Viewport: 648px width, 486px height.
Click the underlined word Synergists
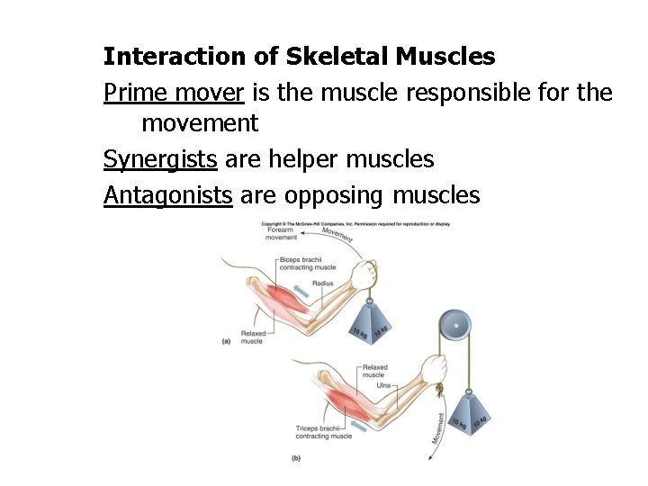tap(160, 160)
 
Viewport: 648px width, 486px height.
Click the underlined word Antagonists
tap(168, 195)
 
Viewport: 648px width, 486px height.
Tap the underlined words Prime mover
tap(175, 92)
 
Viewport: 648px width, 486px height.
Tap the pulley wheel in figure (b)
tap(455, 325)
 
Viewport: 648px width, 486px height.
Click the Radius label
tap(323, 283)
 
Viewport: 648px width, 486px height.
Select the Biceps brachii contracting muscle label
tap(307, 263)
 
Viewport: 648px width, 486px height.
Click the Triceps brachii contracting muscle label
tap(323, 432)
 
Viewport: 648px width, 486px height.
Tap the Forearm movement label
tap(282, 234)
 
